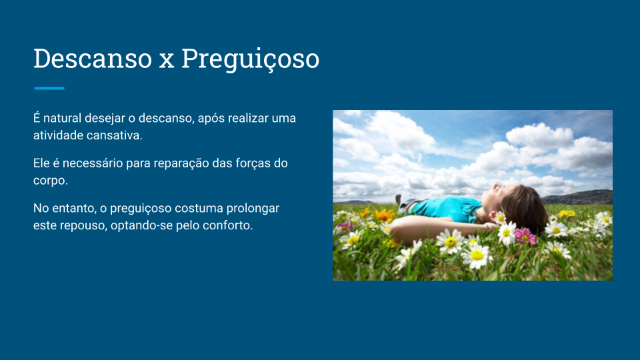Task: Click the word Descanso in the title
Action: pos(93,59)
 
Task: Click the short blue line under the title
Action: pos(49,88)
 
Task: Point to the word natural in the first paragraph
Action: pos(63,119)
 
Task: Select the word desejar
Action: pos(105,119)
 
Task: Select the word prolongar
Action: pos(253,209)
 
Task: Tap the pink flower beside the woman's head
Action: pos(525,236)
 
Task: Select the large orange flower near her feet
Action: pos(383,215)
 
